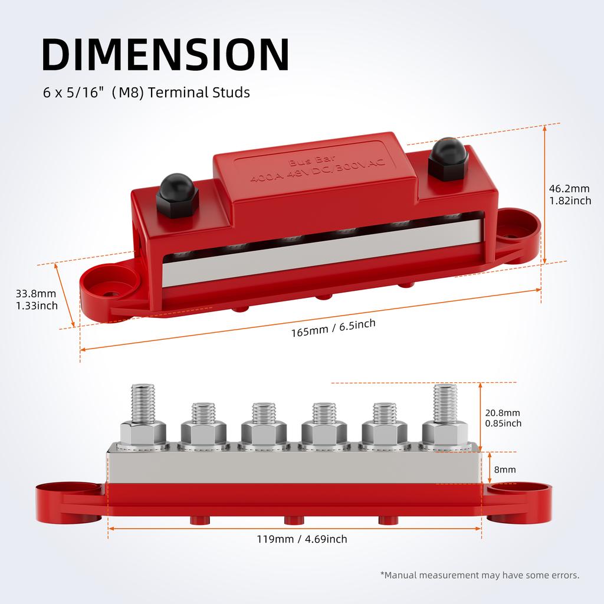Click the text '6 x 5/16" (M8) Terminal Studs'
click(x=147, y=93)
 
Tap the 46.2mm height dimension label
click(x=569, y=195)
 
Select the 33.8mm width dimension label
click(x=37, y=299)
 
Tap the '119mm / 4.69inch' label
click(x=302, y=539)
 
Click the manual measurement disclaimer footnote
click(x=480, y=575)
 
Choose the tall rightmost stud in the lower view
click(x=445, y=404)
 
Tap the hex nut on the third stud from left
click(x=264, y=435)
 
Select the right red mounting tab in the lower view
click(x=521, y=501)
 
